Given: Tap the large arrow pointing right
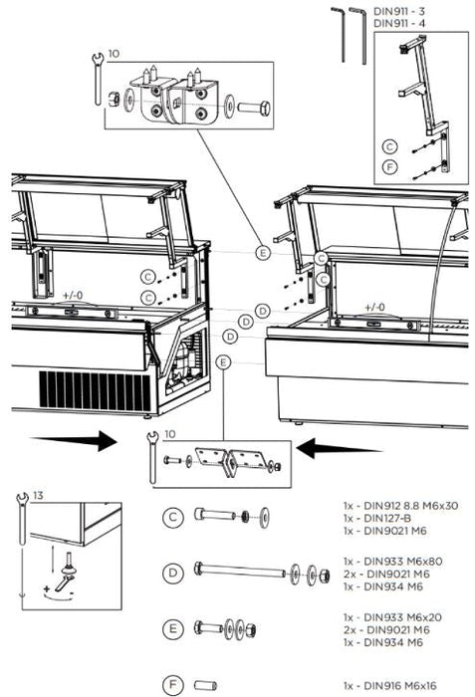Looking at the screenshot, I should click(x=86, y=441).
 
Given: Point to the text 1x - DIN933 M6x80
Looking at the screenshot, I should click(x=392, y=562).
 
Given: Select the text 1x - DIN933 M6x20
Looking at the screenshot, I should click(x=392, y=617).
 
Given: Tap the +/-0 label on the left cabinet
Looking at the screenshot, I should click(x=72, y=296).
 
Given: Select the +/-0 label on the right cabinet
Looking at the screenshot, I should click(x=374, y=308).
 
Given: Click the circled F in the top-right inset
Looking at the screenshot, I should click(x=390, y=165).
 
